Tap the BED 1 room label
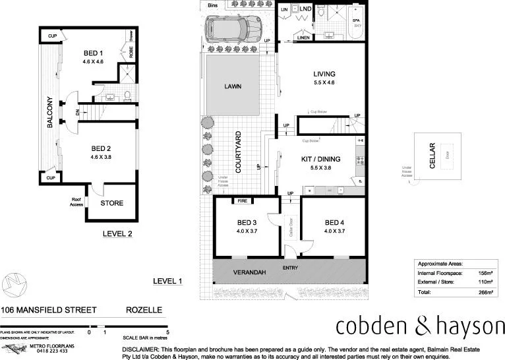coord(92,53)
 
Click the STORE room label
coord(111,203)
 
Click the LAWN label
coord(233,86)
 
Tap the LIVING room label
coord(324,74)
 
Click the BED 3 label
coord(248,222)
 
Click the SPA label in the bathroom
coord(356,20)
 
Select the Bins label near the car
coord(212,5)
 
